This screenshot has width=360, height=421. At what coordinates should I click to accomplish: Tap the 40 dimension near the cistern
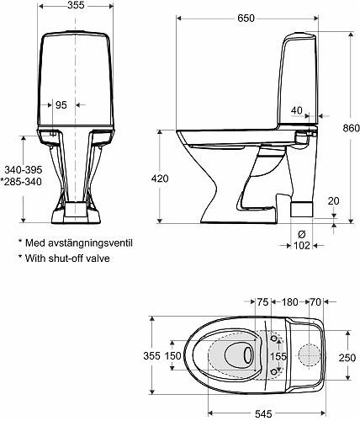pos(297,109)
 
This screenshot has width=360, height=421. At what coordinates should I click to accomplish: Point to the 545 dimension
pos(262,413)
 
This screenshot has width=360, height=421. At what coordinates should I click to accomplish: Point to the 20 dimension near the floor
pos(334,201)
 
